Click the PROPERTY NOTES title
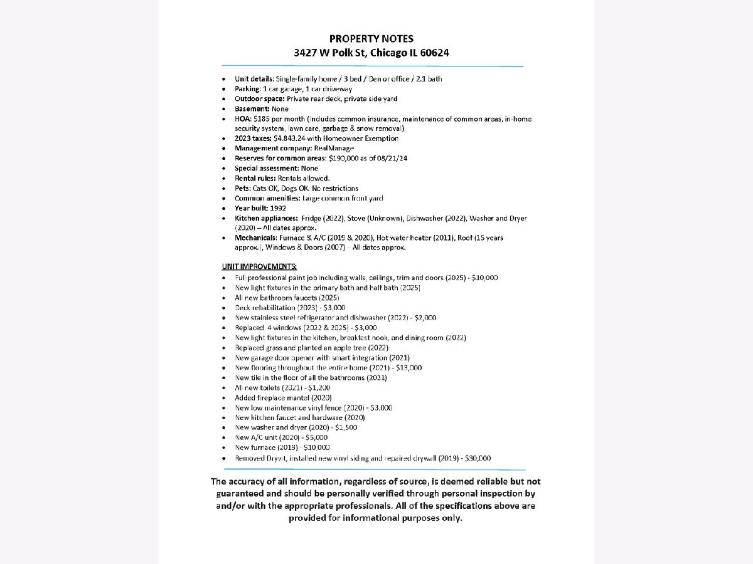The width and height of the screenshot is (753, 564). click(x=371, y=39)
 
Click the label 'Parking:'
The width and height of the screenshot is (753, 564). click(x=247, y=89)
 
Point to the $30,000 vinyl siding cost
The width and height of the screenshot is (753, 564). click(x=476, y=458)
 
